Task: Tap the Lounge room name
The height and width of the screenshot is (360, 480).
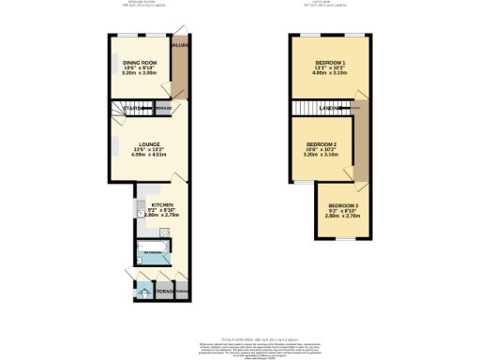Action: [145, 144]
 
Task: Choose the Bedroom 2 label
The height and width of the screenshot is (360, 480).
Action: [322, 143]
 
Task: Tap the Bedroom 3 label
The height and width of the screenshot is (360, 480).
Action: [342, 204]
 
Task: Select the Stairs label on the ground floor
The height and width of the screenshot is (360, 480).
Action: [134, 109]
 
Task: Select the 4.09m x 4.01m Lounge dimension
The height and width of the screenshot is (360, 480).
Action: [145, 157]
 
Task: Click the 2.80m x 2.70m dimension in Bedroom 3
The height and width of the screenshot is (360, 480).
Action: [342, 217]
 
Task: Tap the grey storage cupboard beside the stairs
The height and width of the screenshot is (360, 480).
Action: [162, 109]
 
